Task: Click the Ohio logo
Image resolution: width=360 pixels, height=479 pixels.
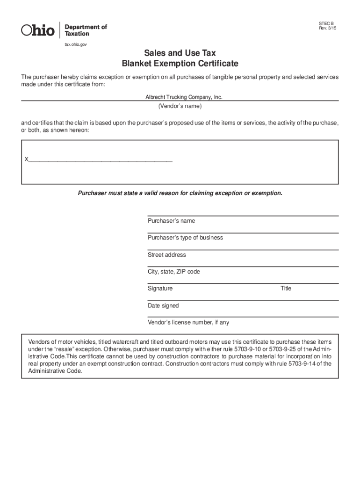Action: click(38, 30)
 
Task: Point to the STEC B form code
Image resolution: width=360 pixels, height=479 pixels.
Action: click(326, 23)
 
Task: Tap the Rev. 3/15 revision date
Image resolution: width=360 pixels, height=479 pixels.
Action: click(327, 29)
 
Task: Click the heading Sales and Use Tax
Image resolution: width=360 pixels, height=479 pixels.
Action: click(180, 53)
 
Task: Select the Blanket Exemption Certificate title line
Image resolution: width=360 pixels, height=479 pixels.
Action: click(180, 64)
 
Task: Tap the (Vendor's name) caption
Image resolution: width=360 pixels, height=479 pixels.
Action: click(180, 106)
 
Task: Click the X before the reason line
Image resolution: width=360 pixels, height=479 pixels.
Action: click(26, 160)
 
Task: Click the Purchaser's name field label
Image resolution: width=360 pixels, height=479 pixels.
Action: click(171, 221)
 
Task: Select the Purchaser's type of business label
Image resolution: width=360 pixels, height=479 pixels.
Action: click(185, 238)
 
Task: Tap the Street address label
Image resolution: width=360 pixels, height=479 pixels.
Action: click(166, 255)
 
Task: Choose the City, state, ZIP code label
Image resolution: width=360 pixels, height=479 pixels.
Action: click(173, 272)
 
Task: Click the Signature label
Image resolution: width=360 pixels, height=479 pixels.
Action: click(160, 289)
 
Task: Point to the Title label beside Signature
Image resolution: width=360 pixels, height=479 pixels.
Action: click(286, 289)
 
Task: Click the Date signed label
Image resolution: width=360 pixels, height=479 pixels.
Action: click(163, 305)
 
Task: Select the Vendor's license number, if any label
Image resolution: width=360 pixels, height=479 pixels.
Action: click(188, 323)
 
